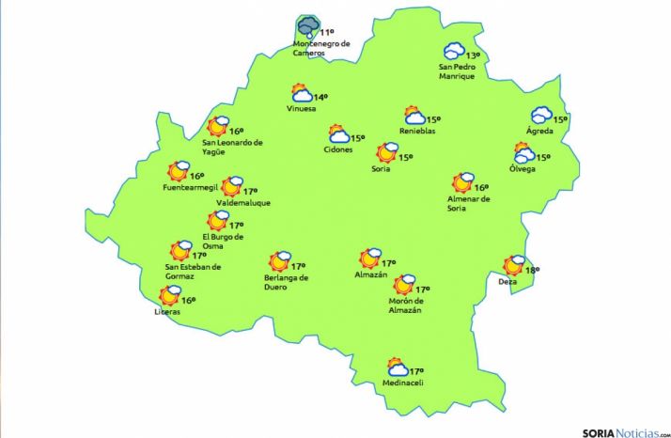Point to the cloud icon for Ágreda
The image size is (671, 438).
point(541,116)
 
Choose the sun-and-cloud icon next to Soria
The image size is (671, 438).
point(385,152)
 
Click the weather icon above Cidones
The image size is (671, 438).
point(337,135)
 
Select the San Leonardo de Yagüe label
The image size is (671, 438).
point(232,148)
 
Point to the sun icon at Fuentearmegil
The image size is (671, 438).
point(178,172)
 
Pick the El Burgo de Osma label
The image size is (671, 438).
point(224,242)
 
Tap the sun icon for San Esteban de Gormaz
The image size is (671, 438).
point(179,251)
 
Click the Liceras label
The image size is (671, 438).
point(167,313)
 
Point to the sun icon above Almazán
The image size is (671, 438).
point(369,259)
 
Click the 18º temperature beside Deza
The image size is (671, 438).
point(532,270)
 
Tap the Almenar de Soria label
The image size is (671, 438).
point(468,204)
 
